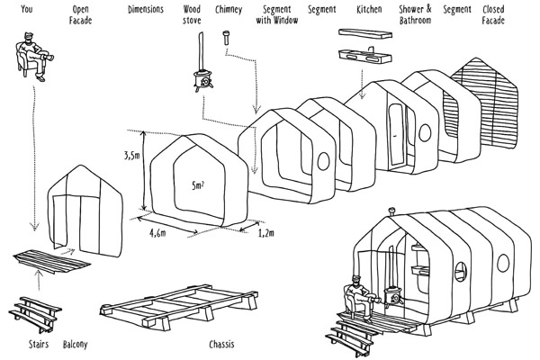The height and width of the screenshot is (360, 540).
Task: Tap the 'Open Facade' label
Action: pos(78,14)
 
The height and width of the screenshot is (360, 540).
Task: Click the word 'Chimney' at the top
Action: pos(229,10)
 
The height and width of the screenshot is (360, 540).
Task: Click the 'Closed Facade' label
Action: pos(493,14)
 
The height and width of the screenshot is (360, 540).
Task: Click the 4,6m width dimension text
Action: pos(160,231)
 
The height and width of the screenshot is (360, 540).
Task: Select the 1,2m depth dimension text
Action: pos(265,233)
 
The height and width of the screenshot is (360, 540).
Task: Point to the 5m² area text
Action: pos(198,186)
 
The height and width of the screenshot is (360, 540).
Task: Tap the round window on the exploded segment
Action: pos(325,160)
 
